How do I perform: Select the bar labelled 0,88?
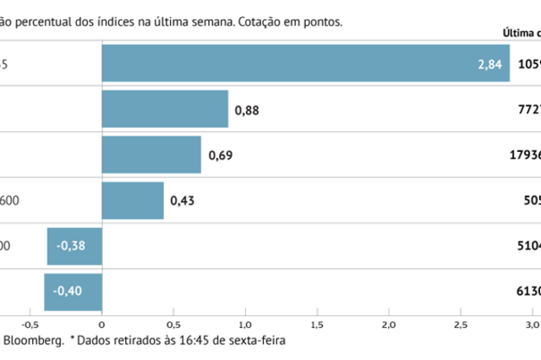165,108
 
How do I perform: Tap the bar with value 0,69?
151,155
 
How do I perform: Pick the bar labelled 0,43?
133,200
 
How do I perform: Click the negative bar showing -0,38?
74,246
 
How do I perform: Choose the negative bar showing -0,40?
73,292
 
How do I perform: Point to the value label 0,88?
246,109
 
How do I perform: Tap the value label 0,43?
182,200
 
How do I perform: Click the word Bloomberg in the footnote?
34,341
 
